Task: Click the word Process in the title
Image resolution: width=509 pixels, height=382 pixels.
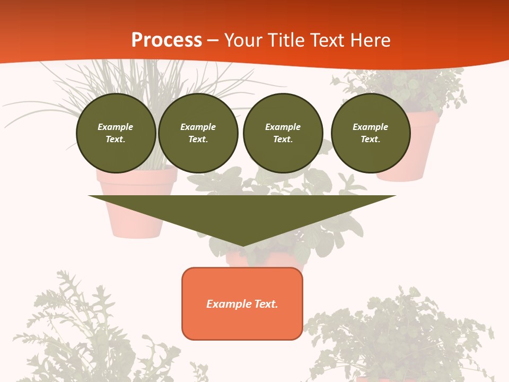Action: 166,40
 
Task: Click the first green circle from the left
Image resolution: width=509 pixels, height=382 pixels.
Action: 116,133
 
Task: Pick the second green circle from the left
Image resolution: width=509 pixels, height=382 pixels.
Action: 198,133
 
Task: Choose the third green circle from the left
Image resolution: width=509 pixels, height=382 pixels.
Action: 283,133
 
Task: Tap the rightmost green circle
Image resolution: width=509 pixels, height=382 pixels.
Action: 371,133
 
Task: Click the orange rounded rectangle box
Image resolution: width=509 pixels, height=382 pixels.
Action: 242,303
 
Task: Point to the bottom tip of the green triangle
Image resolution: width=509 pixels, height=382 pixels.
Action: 243,246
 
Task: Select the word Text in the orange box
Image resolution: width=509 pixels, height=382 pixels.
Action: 266,304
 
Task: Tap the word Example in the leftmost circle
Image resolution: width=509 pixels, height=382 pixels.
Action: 116,127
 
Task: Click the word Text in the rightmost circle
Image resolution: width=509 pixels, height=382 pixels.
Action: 370,140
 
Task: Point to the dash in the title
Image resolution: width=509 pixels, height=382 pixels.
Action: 213,41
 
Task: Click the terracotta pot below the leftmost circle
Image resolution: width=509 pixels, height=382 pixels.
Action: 136,207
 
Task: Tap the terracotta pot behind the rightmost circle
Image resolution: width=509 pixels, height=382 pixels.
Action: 419,143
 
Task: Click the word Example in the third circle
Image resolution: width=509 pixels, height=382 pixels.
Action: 283,127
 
